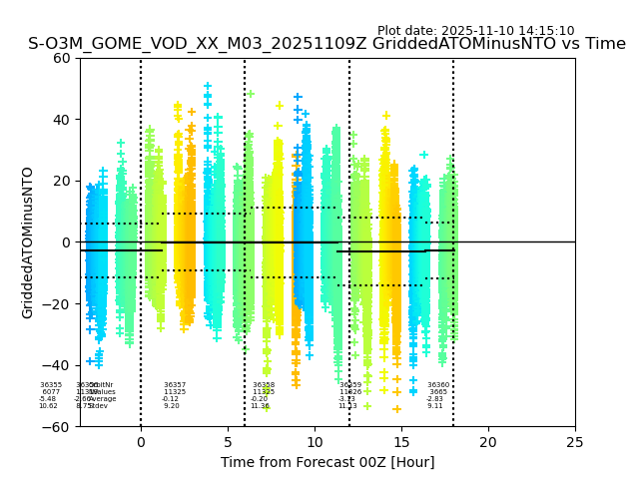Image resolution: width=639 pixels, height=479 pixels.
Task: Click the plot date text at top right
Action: [475, 31]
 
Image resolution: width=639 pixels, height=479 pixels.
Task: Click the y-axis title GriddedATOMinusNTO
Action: [28, 242]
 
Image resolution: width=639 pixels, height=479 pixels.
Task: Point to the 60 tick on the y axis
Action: [63, 58]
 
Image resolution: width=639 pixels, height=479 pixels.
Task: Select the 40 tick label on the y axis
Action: [63, 120]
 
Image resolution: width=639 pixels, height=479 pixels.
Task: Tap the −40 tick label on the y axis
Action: [59, 365]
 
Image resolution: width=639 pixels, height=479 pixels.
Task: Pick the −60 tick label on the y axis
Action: [59, 427]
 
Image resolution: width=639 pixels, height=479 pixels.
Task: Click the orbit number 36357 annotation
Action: [175, 385]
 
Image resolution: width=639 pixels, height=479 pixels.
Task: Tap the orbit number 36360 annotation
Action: [438, 385]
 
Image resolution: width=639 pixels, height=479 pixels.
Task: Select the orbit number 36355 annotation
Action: [51, 385]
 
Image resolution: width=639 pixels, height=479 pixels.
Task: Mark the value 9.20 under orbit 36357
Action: [172, 406]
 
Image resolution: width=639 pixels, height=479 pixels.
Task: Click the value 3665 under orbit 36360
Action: [438, 392]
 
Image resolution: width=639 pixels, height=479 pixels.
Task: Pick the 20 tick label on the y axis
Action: [63, 181]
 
